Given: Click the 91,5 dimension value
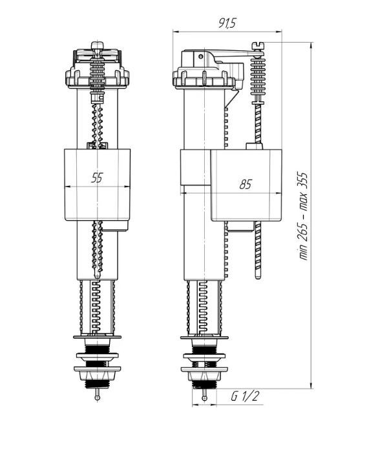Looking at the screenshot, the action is tap(227, 23).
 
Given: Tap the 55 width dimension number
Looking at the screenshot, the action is tap(97, 177).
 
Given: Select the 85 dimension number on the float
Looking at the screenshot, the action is tap(246, 185).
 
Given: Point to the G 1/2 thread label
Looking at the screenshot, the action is tap(245, 396).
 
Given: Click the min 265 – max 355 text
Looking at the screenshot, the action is tap(303, 216).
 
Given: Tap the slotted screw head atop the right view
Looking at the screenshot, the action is tap(258, 45).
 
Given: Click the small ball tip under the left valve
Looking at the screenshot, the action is tap(98, 398).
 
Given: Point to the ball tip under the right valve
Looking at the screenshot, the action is tap(204, 398).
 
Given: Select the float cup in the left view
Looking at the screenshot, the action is tap(97, 185).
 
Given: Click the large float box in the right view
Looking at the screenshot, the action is tap(246, 185).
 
